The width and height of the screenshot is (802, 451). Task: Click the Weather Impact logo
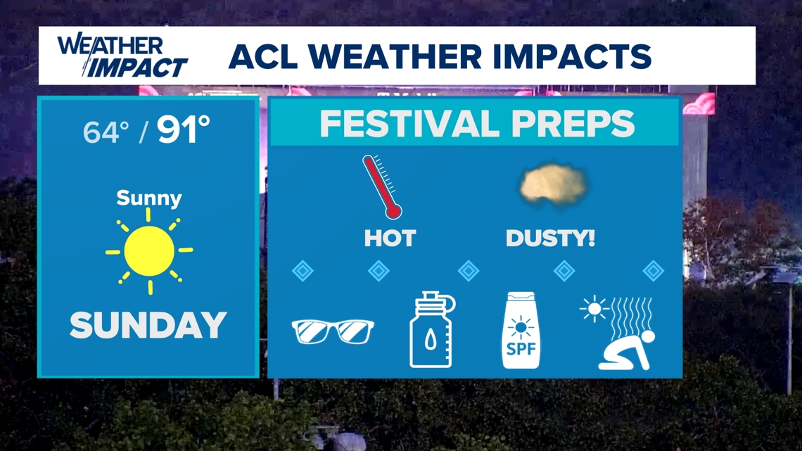click(122, 56)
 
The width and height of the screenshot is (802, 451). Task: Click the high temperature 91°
click(184, 130)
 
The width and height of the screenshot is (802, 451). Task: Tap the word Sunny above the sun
click(148, 198)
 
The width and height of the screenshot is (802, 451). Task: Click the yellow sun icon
click(149, 251)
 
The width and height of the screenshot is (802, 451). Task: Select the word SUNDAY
click(148, 325)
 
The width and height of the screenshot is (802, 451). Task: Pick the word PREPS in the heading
click(575, 125)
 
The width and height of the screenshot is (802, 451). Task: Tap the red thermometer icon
click(381, 186)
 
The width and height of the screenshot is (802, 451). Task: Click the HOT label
click(389, 239)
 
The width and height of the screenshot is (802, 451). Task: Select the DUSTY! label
click(550, 239)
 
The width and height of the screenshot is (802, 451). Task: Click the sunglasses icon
click(333, 331)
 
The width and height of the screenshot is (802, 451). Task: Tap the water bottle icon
click(432, 331)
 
